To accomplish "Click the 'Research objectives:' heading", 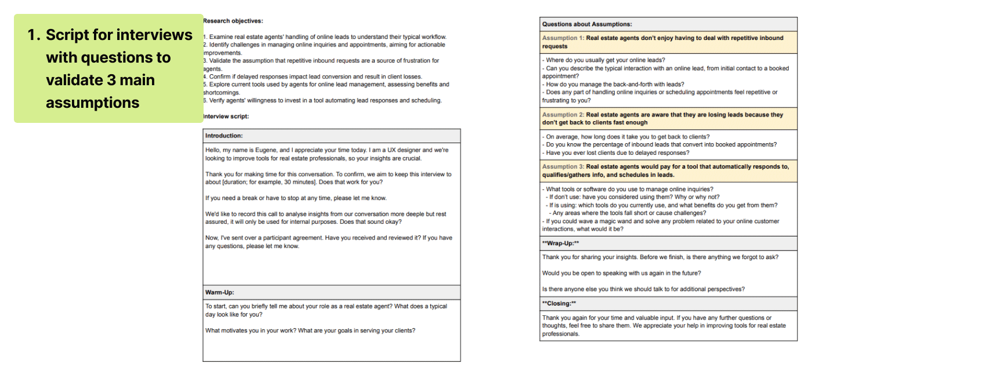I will click(x=233, y=21).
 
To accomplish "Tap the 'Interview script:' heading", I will click(x=226, y=117).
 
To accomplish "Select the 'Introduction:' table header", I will click(x=224, y=136).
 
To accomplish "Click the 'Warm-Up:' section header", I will click(x=220, y=293).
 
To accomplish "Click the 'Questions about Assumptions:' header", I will click(x=587, y=24).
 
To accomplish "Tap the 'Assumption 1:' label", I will click(x=563, y=38).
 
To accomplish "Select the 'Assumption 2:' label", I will click(x=563, y=115).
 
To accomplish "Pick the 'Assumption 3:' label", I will click(x=563, y=167).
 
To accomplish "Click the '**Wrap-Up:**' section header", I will click(x=560, y=243).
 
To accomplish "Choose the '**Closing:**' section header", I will click(x=559, y=304).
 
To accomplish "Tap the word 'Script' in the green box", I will click(x=67, y=35).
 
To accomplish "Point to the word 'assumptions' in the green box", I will click(x=93, y=103).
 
